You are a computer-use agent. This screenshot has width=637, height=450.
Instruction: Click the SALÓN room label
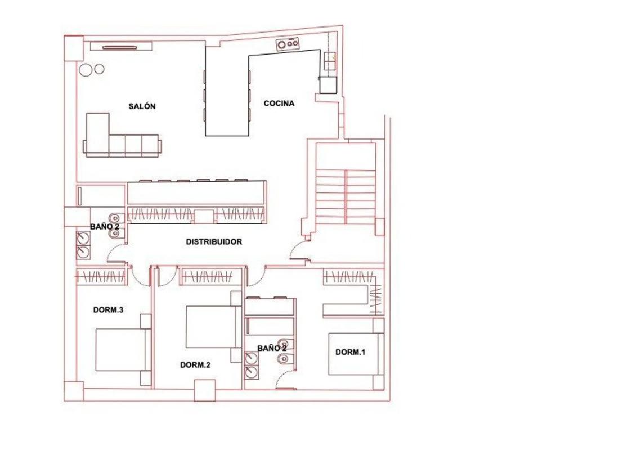[x=142, y=106]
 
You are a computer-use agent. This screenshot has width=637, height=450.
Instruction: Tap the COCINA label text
[x=279, y=103]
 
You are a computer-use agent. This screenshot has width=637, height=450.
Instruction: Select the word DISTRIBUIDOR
[x=214, y=242]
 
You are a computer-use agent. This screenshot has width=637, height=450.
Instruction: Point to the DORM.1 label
[x=350, y=352]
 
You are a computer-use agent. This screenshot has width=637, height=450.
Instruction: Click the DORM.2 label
[x=195, y=365]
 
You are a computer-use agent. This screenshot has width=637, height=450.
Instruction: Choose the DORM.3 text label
[x=108, y=310]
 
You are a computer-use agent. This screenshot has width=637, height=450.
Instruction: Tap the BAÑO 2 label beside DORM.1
[x=272, y=348]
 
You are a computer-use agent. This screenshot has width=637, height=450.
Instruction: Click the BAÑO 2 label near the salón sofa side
[x=105, y=227]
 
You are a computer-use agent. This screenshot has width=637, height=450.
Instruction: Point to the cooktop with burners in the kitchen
[x=288, y=43]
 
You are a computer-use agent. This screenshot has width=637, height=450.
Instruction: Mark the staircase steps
[x=346, y=197]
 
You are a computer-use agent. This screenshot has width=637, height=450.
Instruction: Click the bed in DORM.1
[x=356, y=354]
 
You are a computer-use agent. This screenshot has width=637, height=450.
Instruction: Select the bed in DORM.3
[x=123, y=350]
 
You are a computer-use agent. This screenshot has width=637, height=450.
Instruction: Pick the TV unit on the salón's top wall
[x=121, y=46]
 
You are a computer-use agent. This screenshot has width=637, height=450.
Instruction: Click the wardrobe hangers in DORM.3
[x=101, y=277]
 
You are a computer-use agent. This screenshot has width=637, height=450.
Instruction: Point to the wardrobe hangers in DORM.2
[x=207, y=277]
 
